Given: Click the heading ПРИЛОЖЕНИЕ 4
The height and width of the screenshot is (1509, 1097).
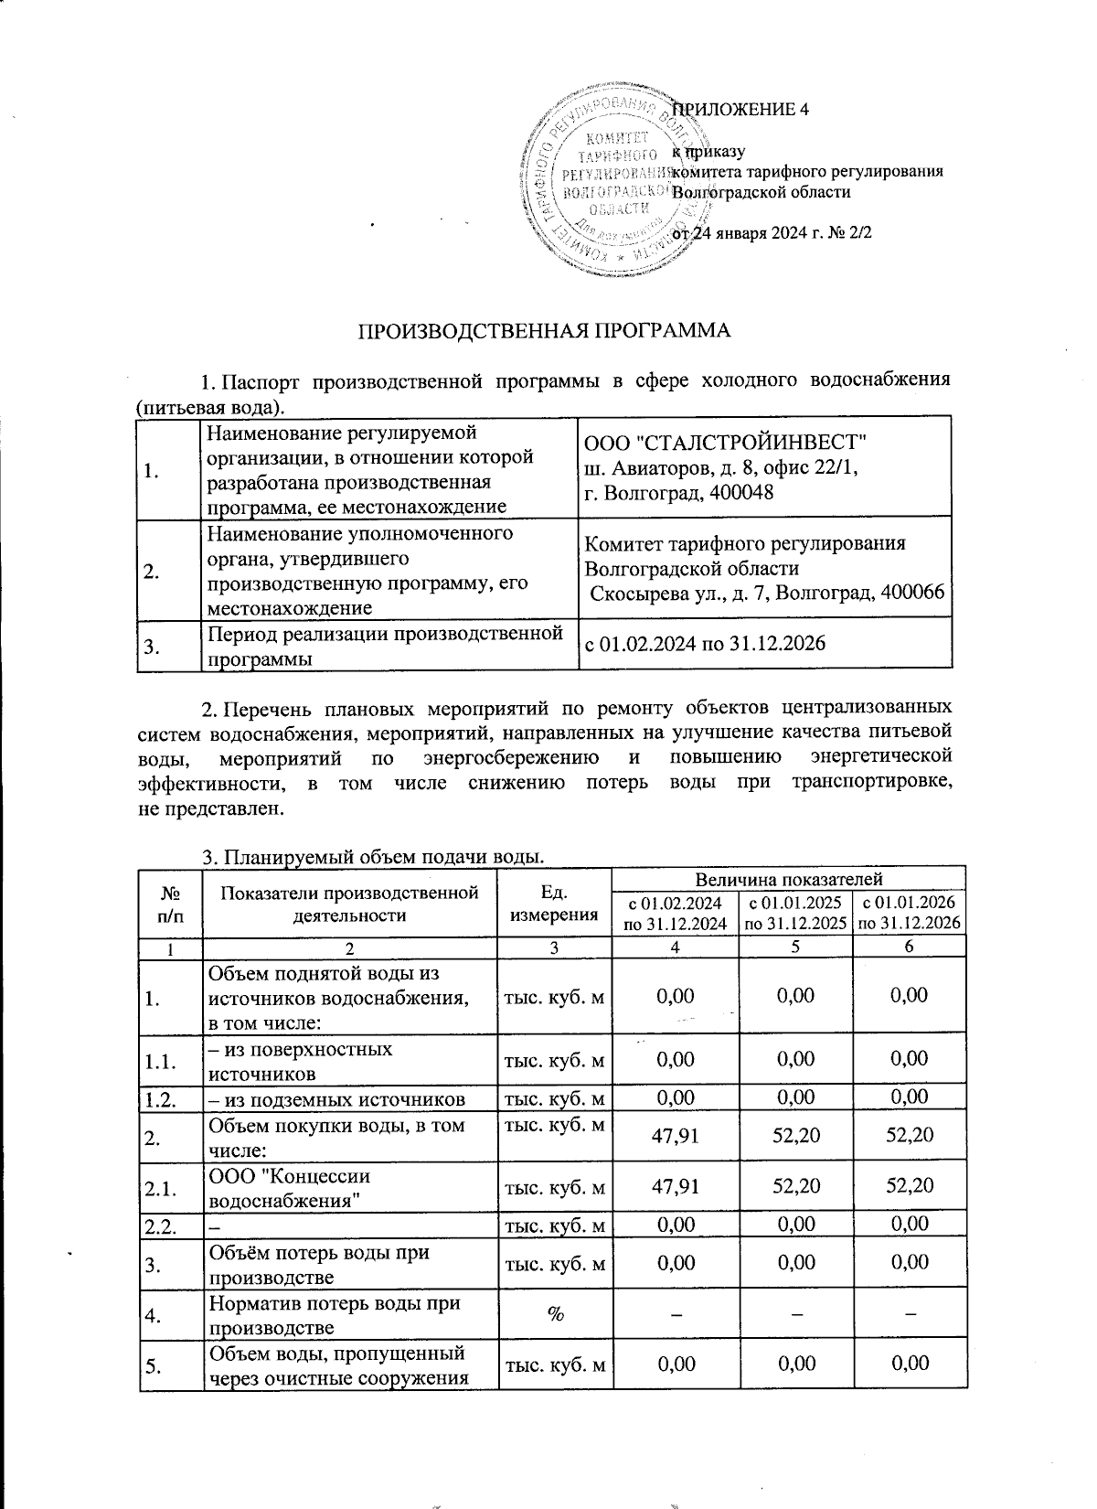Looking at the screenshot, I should (741, 110).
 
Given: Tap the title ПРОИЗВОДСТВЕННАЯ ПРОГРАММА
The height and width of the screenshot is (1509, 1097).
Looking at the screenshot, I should (543, 331).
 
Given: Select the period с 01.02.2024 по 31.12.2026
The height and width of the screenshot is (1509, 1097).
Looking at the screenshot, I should (705, 644).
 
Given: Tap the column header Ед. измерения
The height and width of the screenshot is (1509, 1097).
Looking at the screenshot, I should (556, 902).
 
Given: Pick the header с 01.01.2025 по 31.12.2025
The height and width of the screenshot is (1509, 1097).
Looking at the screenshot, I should (794, 913).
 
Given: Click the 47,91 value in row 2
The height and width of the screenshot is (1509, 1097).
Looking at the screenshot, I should (675, 1136).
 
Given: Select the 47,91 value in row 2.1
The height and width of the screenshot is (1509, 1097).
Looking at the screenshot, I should (675, 1186).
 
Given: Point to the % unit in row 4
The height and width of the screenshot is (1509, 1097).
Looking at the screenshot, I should (555, 1313).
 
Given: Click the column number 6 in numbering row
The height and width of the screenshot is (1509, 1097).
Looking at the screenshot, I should (908, 948).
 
